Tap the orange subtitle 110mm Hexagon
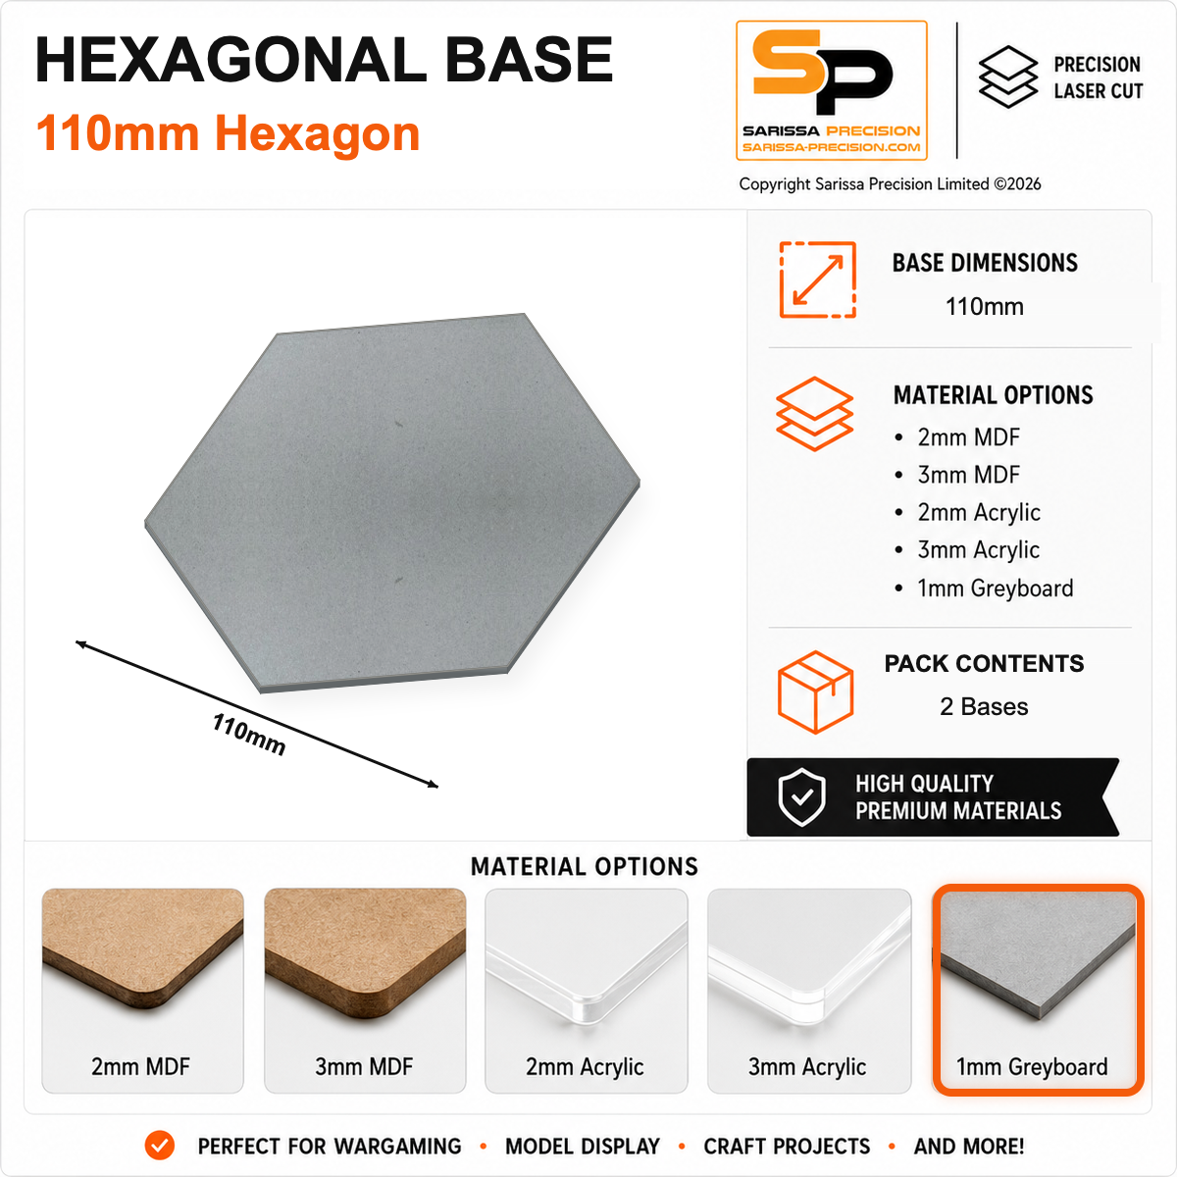click(228, 133)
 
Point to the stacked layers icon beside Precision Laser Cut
click(1008, 77)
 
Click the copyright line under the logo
click(890, 183)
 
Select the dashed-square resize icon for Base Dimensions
click(817, 280)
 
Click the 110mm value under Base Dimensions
click(984, 307)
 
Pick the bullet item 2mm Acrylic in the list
click(979, 513)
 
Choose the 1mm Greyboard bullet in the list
click(995, 588)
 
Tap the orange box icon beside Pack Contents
click(815, 691)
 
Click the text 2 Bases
click(984, 706)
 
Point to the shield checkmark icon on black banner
click(802, 797)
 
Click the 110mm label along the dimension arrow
click(248, 734)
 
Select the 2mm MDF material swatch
click(142, 990)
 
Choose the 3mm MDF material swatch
click(365, 990)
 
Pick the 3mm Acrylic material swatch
click(808, 990)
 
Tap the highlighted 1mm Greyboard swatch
click(1038, 990)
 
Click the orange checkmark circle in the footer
click(160, 1146)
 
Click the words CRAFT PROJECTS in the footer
click(787, 1147)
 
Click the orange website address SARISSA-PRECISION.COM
click(832, 147)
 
